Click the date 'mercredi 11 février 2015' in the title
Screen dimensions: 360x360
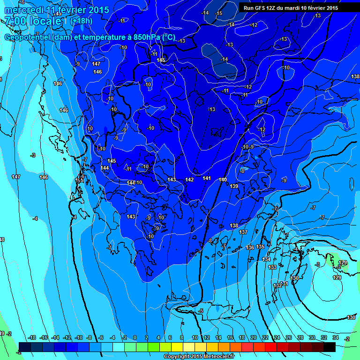coord(57,10)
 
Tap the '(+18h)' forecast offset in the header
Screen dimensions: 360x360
coord(82,21)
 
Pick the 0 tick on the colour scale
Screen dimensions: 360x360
coord(135,338)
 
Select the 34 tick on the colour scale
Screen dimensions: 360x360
coord(335,338)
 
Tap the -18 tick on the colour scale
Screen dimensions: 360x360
coord(32,338)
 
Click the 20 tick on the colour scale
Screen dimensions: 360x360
coord(253,338)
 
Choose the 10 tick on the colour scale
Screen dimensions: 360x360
coord(195,338)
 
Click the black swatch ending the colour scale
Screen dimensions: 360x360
coord(330,347)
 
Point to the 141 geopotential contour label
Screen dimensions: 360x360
coord(207,178)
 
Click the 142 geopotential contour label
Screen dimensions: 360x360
coord(189,180)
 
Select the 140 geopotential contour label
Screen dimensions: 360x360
coord(223,180)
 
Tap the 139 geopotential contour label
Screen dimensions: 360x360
coord(234,186)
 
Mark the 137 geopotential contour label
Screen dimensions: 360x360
coord(243,232)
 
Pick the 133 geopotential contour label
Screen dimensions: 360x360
coord(272,267)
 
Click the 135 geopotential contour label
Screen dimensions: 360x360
coord(260,247)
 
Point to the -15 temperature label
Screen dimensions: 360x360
coord(219,13)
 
